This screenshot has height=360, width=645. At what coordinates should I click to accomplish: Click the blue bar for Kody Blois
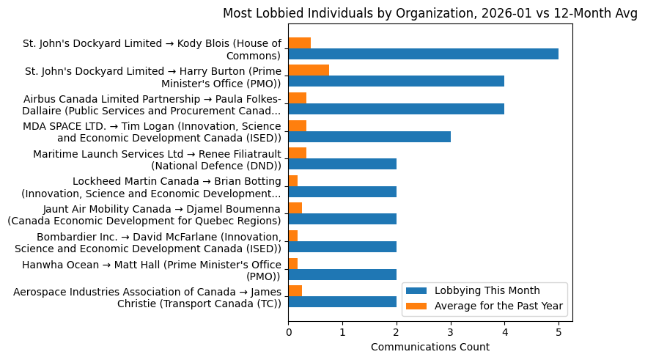tap(423, 54)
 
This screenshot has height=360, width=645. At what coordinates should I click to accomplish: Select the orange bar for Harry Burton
tap(309, 70)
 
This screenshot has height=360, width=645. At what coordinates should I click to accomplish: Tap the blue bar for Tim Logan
tap(369, 137)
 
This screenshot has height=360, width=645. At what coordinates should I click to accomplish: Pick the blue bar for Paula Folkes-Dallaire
tap(396, 109)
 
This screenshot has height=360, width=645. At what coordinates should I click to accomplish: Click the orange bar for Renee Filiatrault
tap(297, 153)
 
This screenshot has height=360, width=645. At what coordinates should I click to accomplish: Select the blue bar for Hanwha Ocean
tap(342, 274)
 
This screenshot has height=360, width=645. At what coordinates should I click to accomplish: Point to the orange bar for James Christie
tap(295, 291)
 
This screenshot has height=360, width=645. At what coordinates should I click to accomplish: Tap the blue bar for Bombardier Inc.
tap(342, 247)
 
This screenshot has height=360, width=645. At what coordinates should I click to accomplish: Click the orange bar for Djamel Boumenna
tap(295, 208)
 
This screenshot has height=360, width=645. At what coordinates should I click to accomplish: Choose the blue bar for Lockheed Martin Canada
tap(342, 192)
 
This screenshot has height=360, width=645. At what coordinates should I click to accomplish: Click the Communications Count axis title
tap(430, 347)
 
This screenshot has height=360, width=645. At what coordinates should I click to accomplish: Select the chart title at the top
tap(430, 13)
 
